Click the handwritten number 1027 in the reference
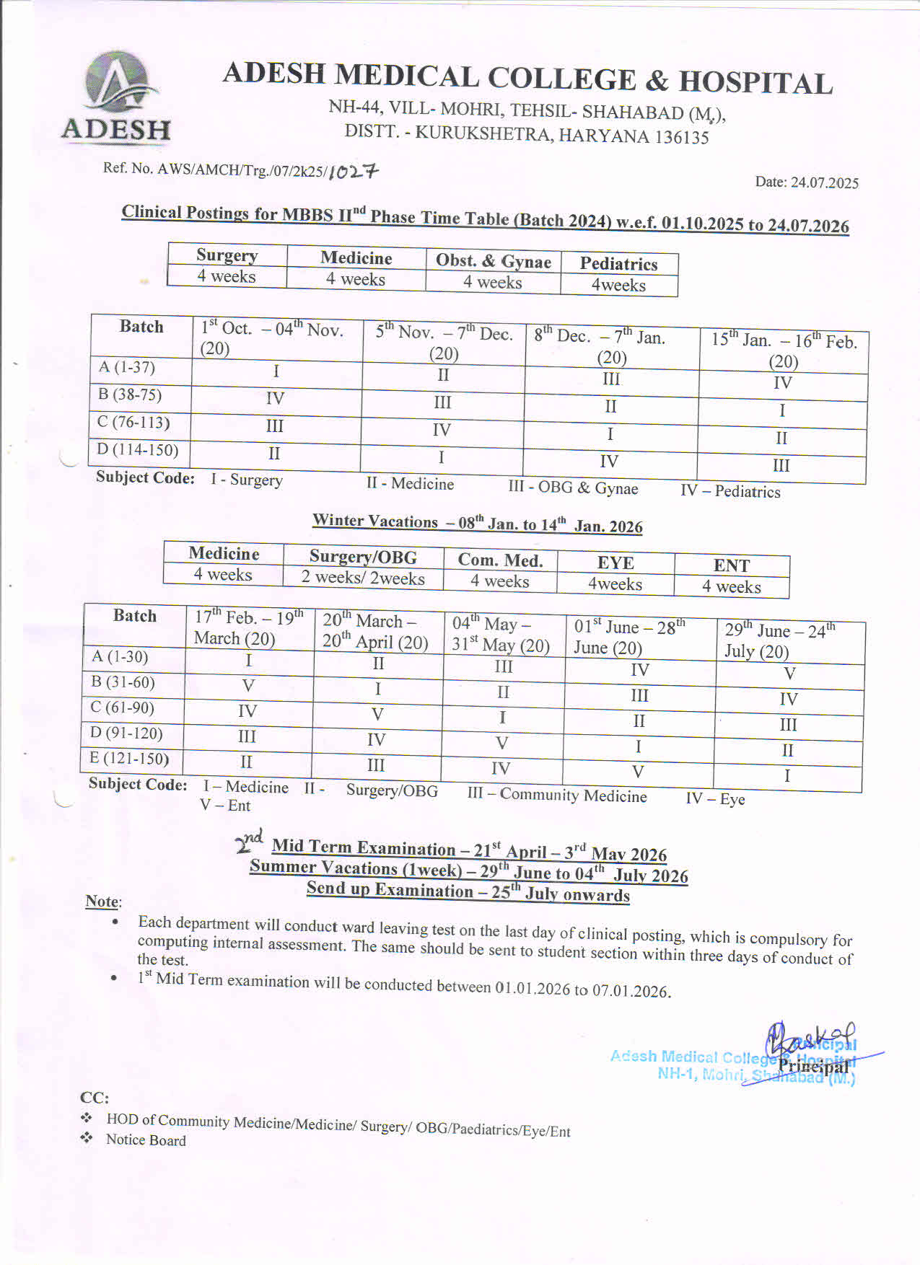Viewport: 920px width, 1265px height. (x=353, y=172)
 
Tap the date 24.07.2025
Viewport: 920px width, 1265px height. (x=807, y=182)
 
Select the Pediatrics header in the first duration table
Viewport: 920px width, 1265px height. (x=618, y=264)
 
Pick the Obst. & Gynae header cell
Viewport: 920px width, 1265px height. (x=493, y=261)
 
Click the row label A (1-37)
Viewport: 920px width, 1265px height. (x=127, y=367)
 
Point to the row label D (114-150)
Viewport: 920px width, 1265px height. (x=138, y=450)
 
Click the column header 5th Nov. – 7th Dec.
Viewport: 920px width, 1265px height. (x=444, y=342)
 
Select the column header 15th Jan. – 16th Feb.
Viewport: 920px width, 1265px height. (x=784, y=350)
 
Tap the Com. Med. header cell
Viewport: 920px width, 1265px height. (x=499, y=560)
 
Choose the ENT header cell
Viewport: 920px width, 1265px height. (x=731, y=565)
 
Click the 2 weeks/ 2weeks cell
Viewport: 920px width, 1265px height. (x=363, y=578)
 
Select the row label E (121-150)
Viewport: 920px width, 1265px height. (x=129, y=758)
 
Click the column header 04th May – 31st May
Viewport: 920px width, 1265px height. (x=501, y=634)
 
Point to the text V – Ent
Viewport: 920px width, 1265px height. (x=225, y=805)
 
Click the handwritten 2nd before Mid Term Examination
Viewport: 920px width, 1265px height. (x=250, y=841)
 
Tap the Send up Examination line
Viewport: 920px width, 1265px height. (x=468, y=891)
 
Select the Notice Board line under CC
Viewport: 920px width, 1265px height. (x=146, y=1140)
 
